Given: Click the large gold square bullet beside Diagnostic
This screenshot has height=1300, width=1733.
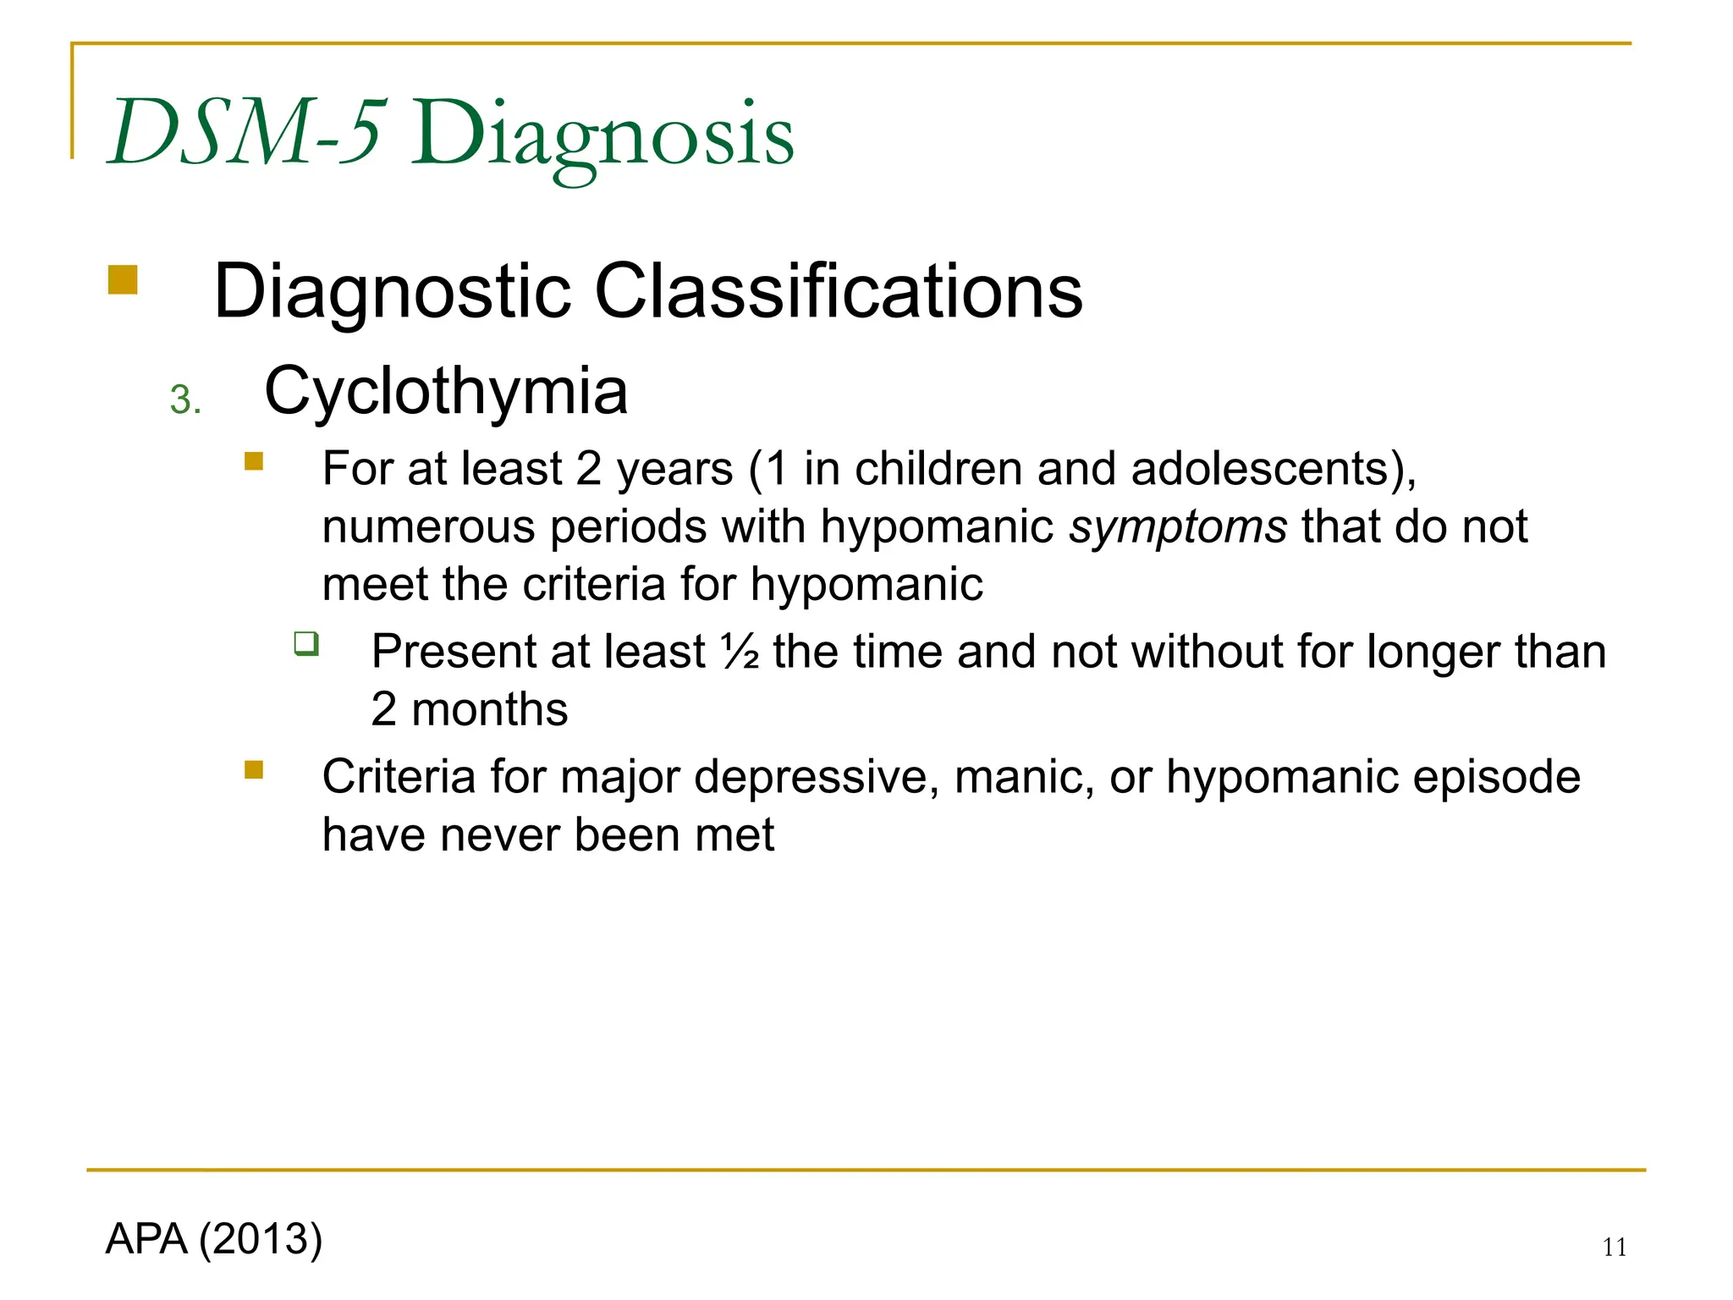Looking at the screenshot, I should (x=123, y=280).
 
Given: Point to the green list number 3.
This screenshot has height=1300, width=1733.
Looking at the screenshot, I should (x=184, y=399).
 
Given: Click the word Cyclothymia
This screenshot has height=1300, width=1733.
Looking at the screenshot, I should (x=446, y=391).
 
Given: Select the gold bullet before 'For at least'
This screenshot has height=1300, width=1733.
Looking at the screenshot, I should (x=254, y=461).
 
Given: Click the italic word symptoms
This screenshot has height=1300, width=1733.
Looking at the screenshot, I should (x=1178, y=527).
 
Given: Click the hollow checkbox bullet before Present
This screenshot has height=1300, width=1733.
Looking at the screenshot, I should (x=306, y=644).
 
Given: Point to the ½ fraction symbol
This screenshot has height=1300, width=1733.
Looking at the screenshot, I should (x=740, y=652).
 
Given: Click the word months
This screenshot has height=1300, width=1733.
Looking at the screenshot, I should (x=489, y=709).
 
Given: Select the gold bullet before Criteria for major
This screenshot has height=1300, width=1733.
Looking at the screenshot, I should (x=254, y=769).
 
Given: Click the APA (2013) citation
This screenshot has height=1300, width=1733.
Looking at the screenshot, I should (x=214, y=1239).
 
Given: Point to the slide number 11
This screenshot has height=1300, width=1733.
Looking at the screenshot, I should (x=1615, y=1248).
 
